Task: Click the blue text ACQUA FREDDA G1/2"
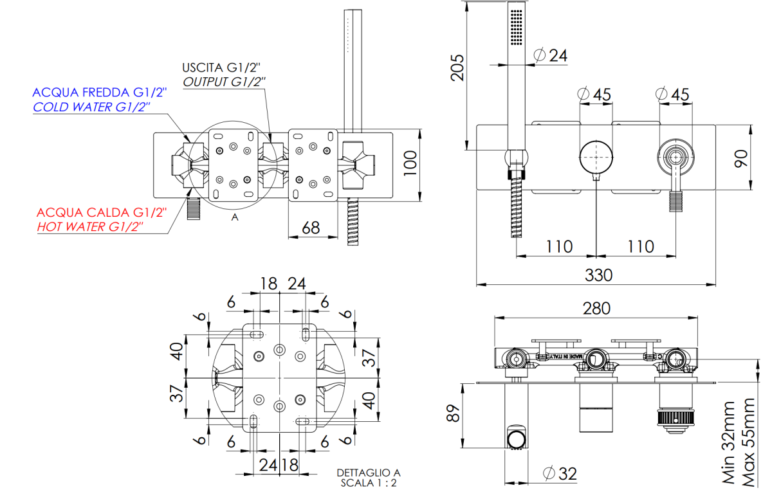[100, 93]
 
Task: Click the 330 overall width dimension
[598, 275]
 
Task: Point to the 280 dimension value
[596, 308]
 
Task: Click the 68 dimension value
[311, 228]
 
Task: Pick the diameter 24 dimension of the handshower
[551, 55]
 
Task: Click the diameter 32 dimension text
[560, 474]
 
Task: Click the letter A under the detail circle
[235, 218]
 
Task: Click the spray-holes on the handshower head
[516, 28]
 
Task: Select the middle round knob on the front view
[596, 157]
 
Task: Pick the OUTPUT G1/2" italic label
[225, 82]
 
